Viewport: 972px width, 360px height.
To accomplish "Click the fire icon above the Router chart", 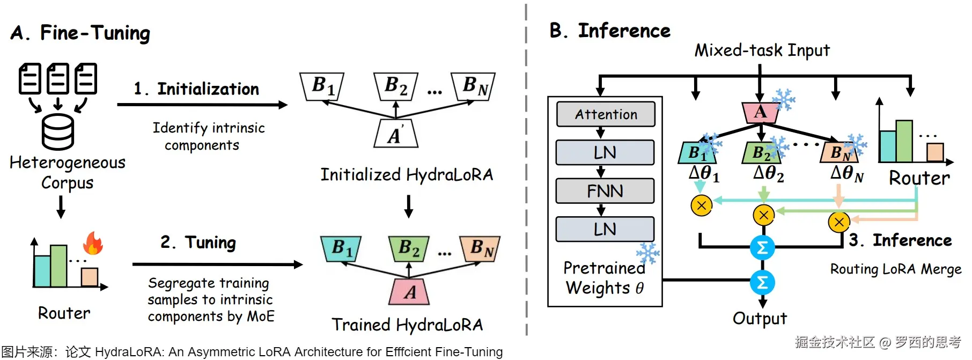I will [x=93, y=243].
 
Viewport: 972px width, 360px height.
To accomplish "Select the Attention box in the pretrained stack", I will [x=606, y=114].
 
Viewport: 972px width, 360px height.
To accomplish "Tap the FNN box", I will [x=605, y=191].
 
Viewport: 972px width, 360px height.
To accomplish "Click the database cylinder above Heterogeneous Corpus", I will [x=58, y=132].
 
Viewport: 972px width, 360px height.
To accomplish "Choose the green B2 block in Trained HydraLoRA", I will [x=409, y=248].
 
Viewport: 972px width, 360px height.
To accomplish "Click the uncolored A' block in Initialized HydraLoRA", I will [x=396, y=134].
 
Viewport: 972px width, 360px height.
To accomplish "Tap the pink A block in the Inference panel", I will [x=760, y=112].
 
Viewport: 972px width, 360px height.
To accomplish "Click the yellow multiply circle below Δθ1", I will [x=701, y=205].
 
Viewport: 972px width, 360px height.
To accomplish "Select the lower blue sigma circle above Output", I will [x=762, y=282].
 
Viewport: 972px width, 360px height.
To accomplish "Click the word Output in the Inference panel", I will [x=760, y=318].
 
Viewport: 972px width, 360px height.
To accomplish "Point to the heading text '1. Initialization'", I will [x=196, y=89].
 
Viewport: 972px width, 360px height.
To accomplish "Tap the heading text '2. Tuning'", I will [x=198, y=243].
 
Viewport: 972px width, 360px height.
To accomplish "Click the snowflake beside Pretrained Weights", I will [x=647, y=253].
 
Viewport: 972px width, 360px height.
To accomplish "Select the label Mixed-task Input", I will [x=762, y=50].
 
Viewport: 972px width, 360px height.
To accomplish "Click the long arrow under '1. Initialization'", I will [x=202, y=105].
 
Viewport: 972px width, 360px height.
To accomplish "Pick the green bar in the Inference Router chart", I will [x=904, y=141].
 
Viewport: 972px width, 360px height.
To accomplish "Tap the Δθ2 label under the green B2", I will [x=768, y=173].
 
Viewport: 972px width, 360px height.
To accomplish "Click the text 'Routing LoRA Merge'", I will [x=895, y=269].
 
